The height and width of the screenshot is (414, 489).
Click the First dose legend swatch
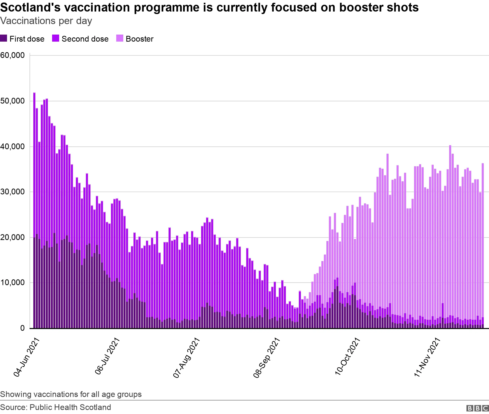4,38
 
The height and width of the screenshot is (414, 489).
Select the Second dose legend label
85,39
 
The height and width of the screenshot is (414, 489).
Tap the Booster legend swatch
120,38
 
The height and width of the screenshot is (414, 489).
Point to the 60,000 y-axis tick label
13,55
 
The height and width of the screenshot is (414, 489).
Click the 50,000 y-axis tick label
13,101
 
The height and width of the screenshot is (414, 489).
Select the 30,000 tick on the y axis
13,192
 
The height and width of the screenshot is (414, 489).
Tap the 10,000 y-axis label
13,283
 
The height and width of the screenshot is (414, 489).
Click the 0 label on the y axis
23,328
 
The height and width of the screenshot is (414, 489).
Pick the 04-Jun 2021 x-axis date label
27,357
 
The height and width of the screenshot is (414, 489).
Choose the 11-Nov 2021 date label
427,357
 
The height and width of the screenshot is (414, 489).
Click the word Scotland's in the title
30,8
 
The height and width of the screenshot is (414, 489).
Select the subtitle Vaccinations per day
46,21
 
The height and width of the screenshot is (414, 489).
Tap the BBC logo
477,408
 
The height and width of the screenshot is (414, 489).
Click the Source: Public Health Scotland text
56,407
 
